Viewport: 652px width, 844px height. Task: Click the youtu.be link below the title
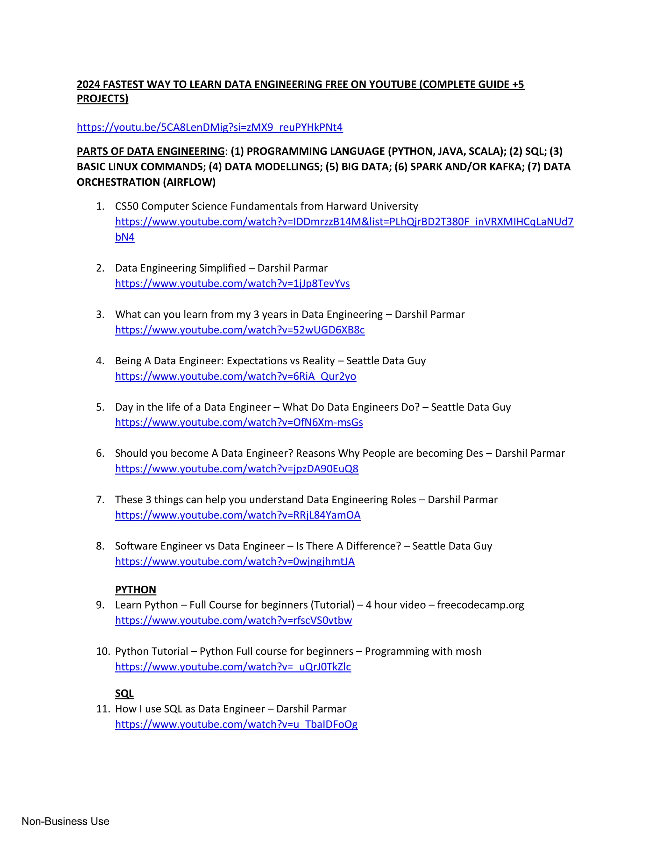[x=209, y=127]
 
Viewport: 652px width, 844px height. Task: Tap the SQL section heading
[x=124, y=693]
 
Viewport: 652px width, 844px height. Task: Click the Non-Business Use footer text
[x=65, y=821]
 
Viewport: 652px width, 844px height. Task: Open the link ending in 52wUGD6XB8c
[x=239, y=330]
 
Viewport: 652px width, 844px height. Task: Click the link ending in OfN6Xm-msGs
[x=239, y=422]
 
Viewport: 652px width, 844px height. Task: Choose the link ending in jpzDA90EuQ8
[x=237, y=468]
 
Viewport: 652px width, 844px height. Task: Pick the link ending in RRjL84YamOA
[x=237, y=515]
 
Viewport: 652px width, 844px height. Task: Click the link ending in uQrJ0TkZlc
[x=233, y=667]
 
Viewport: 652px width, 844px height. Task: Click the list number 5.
[x=100, y=407]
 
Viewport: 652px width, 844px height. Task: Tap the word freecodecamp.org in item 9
[x=480, y=605]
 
